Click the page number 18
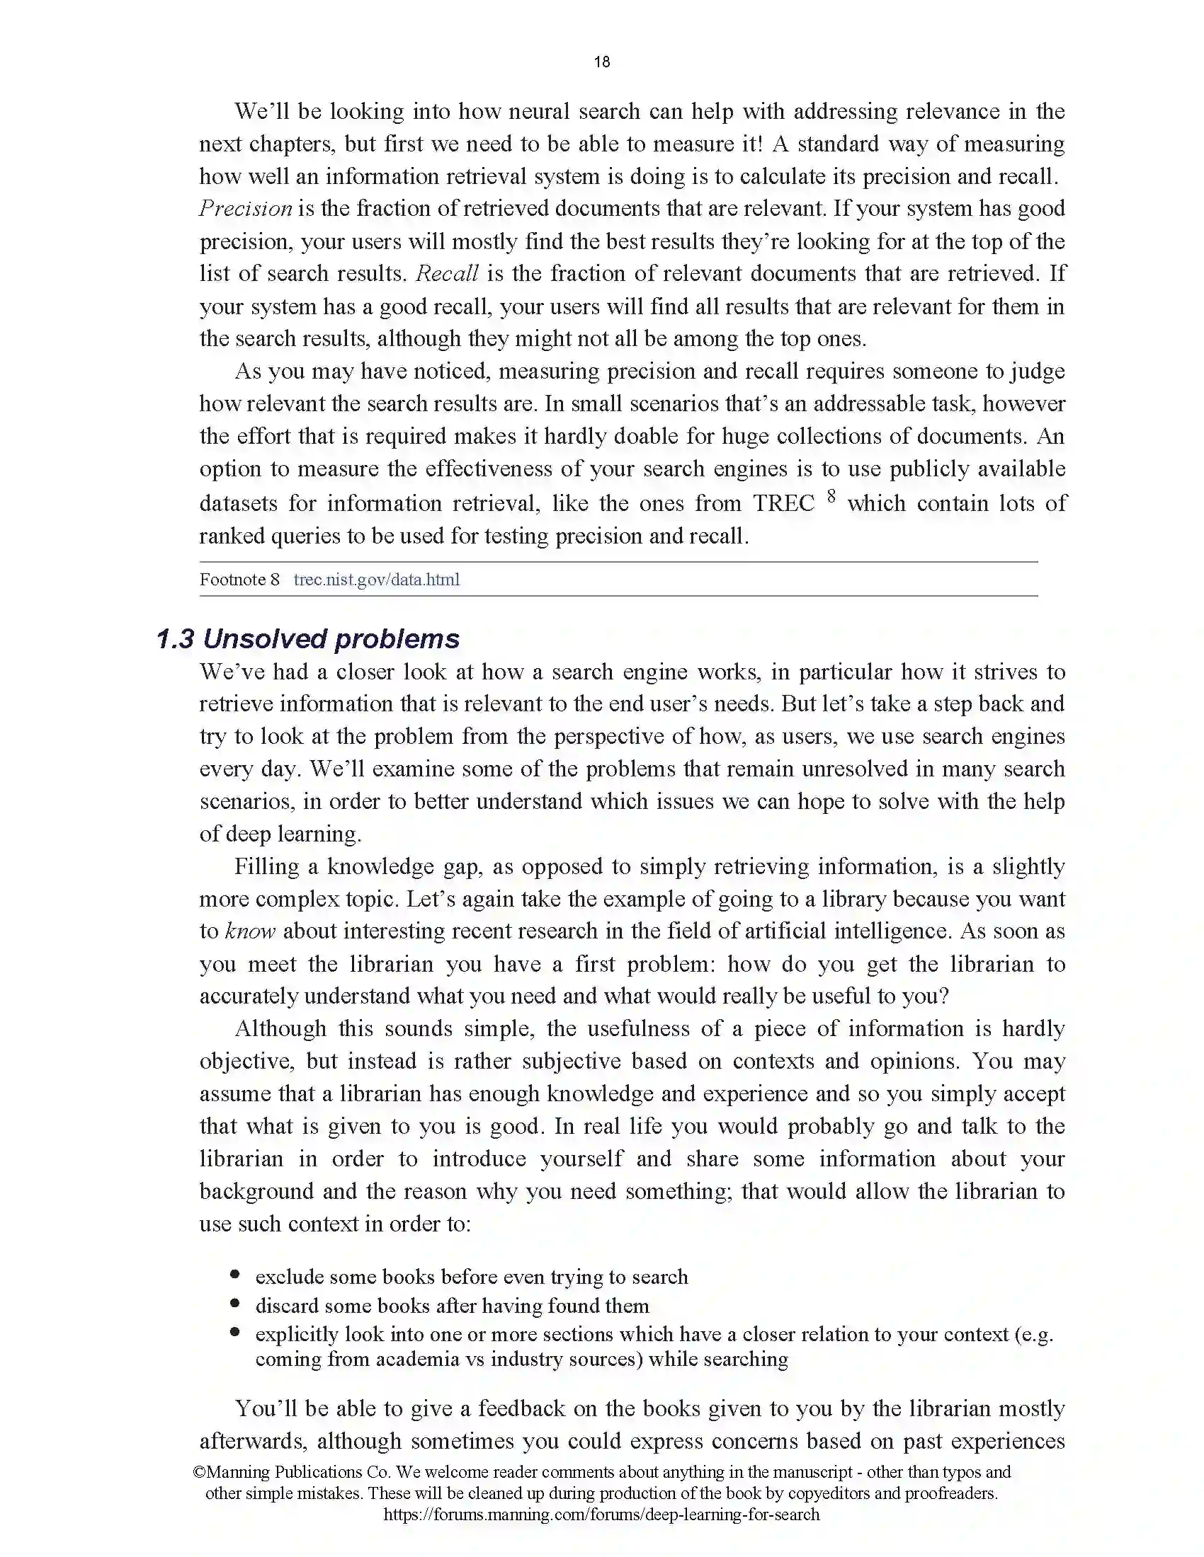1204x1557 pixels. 601,62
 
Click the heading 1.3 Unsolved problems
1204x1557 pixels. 307,639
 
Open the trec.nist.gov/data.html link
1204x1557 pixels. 377,580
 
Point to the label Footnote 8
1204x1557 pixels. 239,580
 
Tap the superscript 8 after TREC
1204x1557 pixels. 831,497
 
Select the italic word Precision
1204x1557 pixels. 245,208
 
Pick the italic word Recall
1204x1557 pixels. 447,274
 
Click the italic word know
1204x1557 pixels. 249,931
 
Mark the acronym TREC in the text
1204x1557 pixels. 784,503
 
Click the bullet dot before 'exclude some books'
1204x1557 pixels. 235,1275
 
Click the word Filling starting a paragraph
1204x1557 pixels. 266,866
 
